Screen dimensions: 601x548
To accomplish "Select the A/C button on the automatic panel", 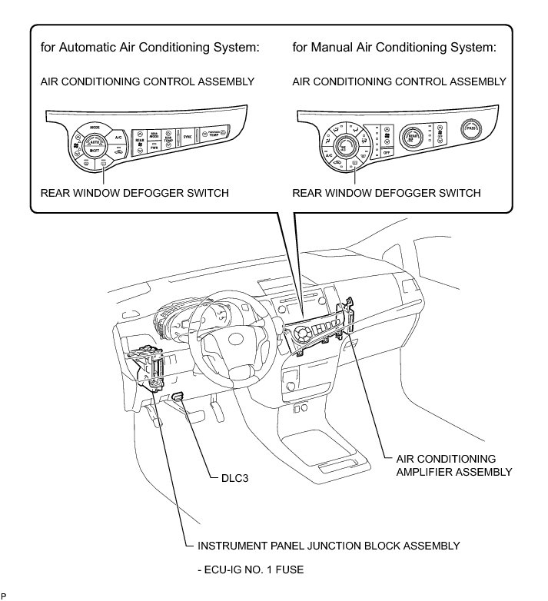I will (118, 137).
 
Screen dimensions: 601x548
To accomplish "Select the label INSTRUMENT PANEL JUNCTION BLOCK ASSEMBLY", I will (328, 546).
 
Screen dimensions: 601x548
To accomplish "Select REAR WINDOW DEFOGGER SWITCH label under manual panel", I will (386, 193).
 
